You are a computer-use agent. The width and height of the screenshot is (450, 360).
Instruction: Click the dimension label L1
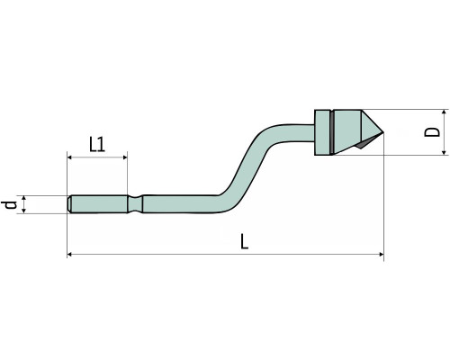tap(97, 144)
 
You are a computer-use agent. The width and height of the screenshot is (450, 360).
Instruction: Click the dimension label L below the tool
tap(245, 242)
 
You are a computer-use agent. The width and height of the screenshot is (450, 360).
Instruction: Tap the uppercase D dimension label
tap(432, 132)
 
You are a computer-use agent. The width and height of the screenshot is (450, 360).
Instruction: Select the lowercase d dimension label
tap(9, 205)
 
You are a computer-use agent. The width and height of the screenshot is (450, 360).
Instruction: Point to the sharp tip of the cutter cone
tap(383, 132)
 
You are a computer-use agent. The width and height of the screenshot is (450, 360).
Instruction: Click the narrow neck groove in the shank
tap(135, 204)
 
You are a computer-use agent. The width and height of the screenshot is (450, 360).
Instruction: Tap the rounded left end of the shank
tap(69, 204)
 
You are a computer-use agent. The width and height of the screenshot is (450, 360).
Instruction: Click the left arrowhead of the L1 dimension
tap(69, 157)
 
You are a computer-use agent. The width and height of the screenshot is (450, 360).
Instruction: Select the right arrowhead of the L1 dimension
tap(124, 157)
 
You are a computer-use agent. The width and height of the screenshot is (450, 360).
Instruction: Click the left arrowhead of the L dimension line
tap(69, 255)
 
